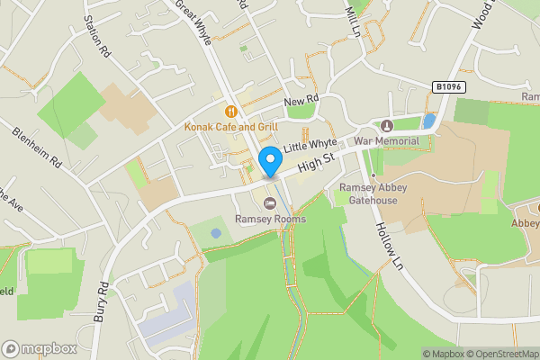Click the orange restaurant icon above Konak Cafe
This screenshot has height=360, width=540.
pyautogui.click(x=231, y=112)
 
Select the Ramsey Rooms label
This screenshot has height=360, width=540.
pyautogui.click(x=270, y=219)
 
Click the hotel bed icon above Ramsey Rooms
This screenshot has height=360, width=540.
pyautogui.click(x=270, y=203)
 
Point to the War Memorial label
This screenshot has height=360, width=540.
pyautogui.click(x=387, y=141)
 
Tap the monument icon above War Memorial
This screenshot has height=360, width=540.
pyautogui.click(x=387, y=125)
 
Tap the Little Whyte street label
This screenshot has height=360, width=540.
pyautogui.click(x=310, y=144)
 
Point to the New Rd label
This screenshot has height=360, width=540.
pyautogui.click(x=301, y=102)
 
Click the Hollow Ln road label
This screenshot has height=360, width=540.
pyautogui.click(x=388, y=243)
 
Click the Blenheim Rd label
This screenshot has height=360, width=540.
pyautogui.click(x=37, y=148)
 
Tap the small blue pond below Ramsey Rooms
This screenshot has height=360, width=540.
pyautogui.click(x=216, y=233)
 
